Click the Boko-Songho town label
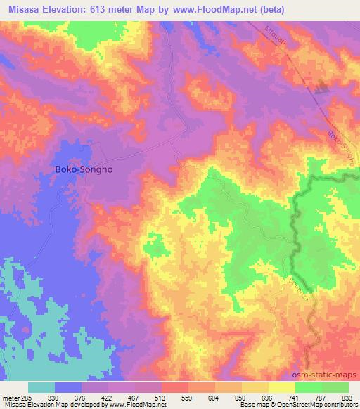[x=84, y=169]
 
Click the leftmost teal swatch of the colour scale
[x=41, y=387]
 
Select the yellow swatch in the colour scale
[x=281, y=387]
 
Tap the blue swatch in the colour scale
[x=68, y=387]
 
